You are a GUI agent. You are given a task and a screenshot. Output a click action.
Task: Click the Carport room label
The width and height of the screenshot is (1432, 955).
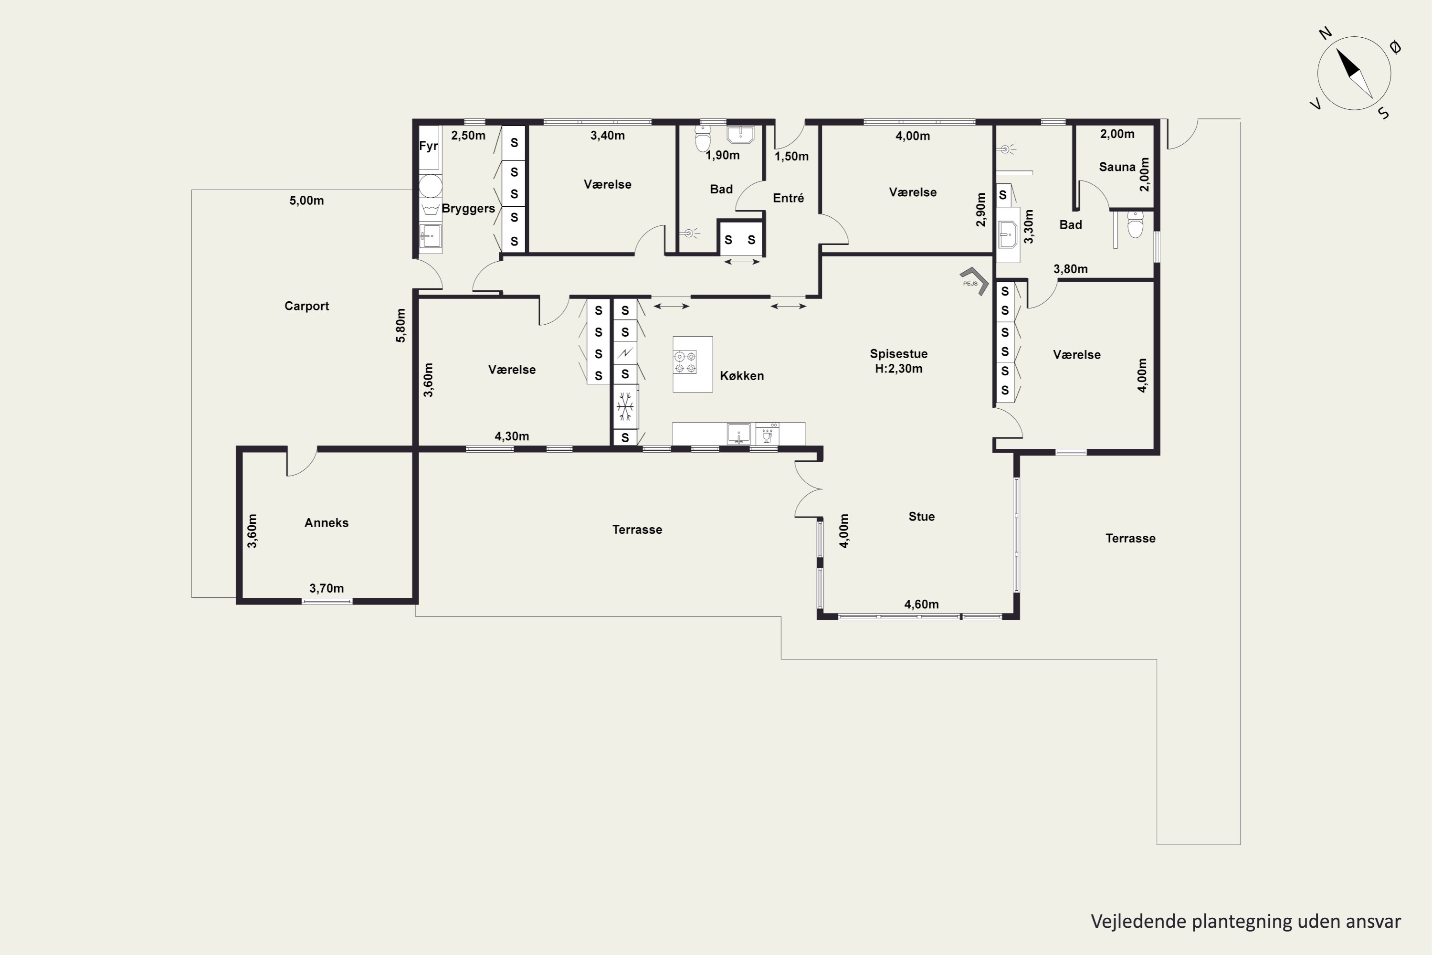click(306, 306)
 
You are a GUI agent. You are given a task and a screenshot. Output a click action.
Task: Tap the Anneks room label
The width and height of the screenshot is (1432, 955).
click(326, 522)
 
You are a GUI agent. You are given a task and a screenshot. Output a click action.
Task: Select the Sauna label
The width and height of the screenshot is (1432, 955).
click(1117, 167)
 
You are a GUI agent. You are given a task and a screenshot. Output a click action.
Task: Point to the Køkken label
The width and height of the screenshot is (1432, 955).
click(742, 376)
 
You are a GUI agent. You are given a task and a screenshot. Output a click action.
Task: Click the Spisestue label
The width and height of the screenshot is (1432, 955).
click(899, 354)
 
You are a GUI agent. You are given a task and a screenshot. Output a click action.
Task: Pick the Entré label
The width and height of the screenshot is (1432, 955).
click(789, 198)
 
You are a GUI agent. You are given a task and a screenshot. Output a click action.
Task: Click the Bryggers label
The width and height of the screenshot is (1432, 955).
click(468, 208)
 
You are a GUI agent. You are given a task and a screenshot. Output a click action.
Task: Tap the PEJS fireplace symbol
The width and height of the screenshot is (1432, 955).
click(974, 281)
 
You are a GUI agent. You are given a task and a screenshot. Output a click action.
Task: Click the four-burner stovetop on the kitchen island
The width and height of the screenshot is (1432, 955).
click(685, 362)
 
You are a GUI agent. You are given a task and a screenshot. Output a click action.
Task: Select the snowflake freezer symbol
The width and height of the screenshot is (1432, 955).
click(625, 406)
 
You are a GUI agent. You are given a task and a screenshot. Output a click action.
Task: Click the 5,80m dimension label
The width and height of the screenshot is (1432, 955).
click(400, 326)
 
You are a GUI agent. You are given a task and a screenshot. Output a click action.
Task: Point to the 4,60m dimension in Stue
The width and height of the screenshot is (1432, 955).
click(921, 604)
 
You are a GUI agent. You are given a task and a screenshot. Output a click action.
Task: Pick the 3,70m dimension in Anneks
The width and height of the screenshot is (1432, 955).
click(326, 588)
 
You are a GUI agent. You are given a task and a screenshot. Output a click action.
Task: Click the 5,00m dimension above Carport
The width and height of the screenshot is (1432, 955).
click(306, 201)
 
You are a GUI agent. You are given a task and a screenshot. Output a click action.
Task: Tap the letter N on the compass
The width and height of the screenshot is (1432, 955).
click(1326, 33)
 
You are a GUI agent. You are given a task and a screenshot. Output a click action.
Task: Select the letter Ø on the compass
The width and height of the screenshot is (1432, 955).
click(1395, 47)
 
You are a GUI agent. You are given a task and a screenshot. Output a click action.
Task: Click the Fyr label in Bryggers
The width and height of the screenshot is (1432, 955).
click(429, 146)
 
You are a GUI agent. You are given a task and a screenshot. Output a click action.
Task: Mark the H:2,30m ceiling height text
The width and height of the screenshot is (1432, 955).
click(899, 369)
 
